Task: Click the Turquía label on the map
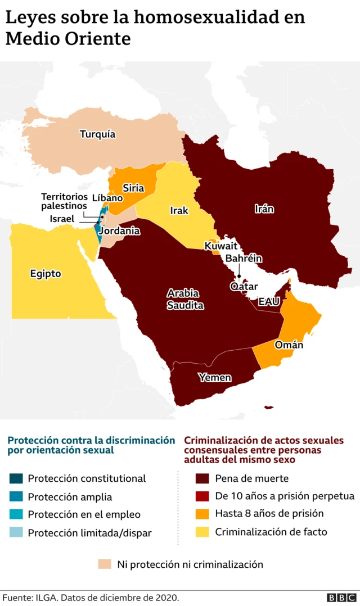tap(97, 134)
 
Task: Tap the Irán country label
tap(264, 209)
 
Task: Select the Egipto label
tap(46, 274)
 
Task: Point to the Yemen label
tap(214, 377)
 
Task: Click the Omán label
tap(289, 345)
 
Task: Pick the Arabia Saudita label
tap(185, 299)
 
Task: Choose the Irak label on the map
tap(179, 211)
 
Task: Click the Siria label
tap(133, 188)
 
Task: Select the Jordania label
tap(119, 230)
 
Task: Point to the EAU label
tap(268, 302)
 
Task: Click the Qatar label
tap(244, 286)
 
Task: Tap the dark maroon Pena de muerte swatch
tap(202, 478)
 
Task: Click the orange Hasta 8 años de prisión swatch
tap(202, 514)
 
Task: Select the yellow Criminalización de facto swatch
tap(202, 532)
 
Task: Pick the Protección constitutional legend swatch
tap(16, 478)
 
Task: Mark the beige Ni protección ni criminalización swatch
tap(105, 564)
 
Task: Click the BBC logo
tap(341, 598)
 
